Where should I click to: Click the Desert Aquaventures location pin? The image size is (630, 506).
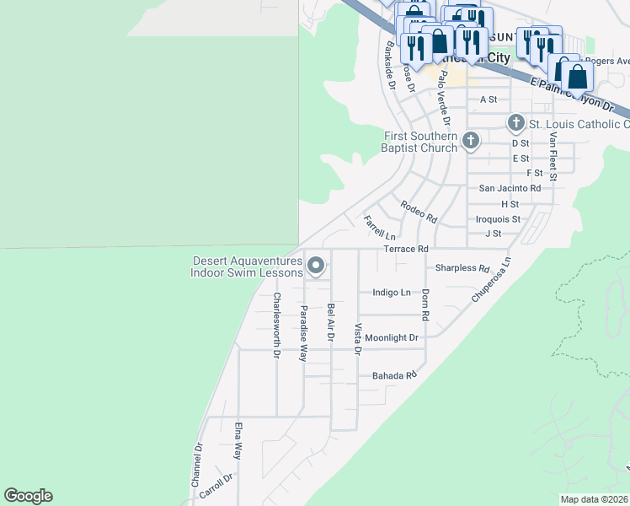tap(316, 266)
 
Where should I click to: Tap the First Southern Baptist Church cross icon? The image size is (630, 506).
tap(470, 141)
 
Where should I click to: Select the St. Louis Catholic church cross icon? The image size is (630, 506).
tap(516, 124)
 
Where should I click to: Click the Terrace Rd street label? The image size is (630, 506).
tap(406, 250)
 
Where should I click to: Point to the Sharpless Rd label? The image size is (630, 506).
tap(462, 268)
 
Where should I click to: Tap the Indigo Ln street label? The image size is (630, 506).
tap(392, 293)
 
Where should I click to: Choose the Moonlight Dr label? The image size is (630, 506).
tap(392, 337)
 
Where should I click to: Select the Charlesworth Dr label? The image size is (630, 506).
tap(276, 325)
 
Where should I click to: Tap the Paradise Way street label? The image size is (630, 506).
tap(303, 333)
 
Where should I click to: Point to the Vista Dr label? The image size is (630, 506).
tap(358, 338)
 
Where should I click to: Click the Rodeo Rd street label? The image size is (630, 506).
tap(419, 211)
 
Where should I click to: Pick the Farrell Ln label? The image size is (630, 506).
tap(379, 227)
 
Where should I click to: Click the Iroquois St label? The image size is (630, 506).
tap(498, 218)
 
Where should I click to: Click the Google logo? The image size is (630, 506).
tap(28, 496)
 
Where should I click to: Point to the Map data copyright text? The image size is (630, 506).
tap(594, 499)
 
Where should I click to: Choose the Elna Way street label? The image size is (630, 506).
tap(239, 440)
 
